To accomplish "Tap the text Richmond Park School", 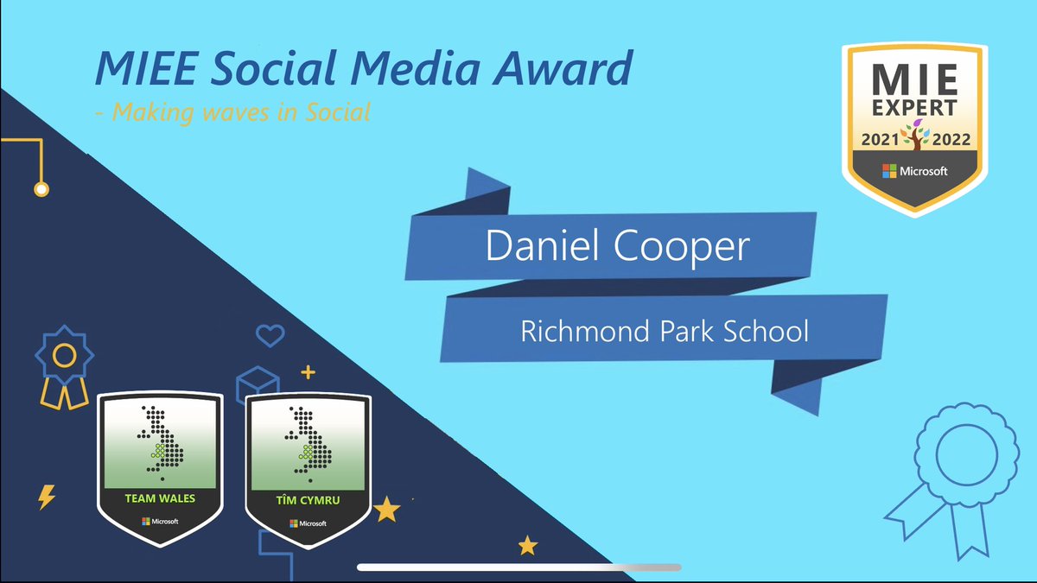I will (665, 331).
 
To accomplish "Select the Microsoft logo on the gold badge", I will (915, 171).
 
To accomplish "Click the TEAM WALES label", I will (161, 498).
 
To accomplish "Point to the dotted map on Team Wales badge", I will (162, 441).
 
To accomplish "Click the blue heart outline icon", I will (270, 334).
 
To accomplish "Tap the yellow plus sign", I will (307, 372).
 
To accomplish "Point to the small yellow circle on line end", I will (41, 188).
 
